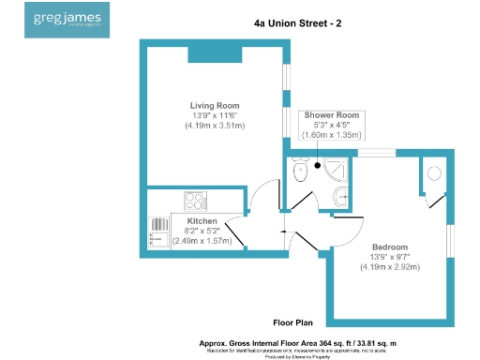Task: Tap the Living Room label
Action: tap(215, 105)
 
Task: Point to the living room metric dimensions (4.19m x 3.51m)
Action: tap(215, 125)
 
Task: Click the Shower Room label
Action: tap(329, 114)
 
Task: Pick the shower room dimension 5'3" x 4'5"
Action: tap(329, 125)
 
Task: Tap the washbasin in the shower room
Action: tap(342, 196)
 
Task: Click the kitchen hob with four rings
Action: tap(195, 200)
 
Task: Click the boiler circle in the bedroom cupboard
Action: tap(433, 173)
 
